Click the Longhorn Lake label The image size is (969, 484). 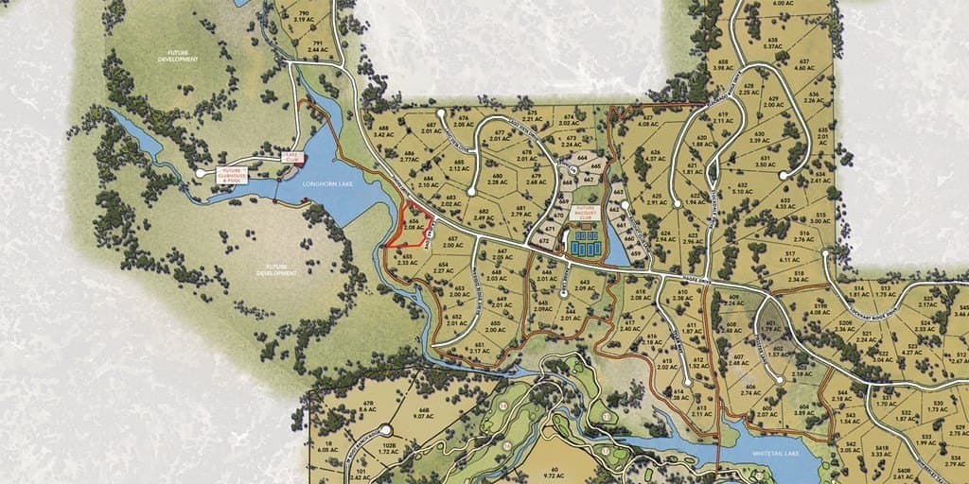pos(327,183)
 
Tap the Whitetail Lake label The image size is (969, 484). pos(778,454)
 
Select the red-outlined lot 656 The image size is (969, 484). pos(414,225)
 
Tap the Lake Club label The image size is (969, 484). pos(290,158)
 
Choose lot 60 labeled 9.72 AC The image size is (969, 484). pos(550,471)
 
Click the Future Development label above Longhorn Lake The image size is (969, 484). pos(178,58)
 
